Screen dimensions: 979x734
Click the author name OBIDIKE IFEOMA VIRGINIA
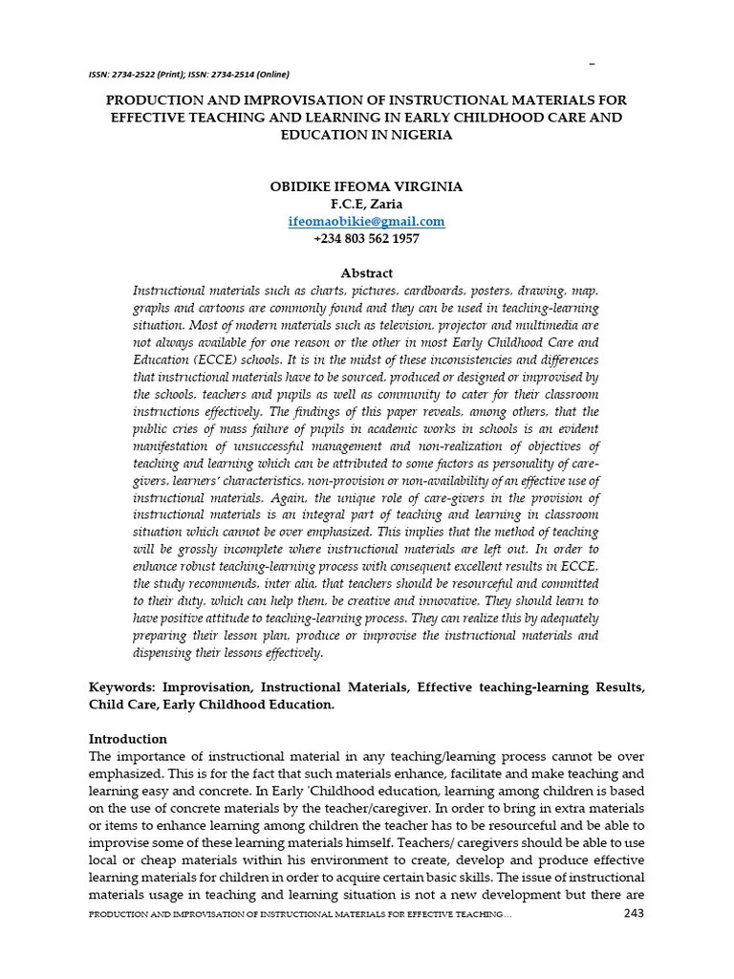pos(366,187)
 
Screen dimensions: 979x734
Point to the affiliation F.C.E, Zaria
pos(366,205)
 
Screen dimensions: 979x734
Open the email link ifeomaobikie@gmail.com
pos(366,222)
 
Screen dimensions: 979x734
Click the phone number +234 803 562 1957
pos(366,238)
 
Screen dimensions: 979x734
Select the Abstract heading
pos(366,273)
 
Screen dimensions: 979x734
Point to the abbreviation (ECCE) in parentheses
pos(217,359)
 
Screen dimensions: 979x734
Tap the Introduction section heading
pos(128,739)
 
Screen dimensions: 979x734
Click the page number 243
pos(634,914)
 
